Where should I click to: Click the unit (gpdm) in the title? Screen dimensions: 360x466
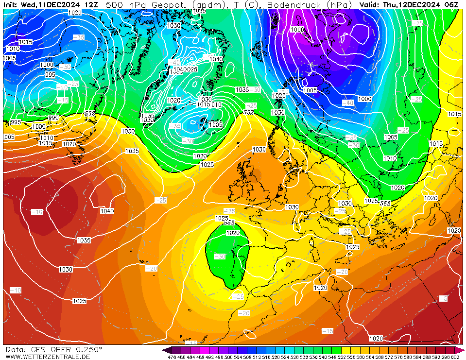pos(207,4)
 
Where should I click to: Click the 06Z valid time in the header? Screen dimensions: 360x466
pos(451,4)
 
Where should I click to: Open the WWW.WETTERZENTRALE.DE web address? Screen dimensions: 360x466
pos(48,357)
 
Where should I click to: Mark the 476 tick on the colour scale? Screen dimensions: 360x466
pos(172,357)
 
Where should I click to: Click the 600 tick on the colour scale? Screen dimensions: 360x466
pos(455,357)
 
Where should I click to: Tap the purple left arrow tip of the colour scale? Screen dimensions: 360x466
pos(166,350)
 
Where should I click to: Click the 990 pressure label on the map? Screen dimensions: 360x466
pos(53,118)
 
